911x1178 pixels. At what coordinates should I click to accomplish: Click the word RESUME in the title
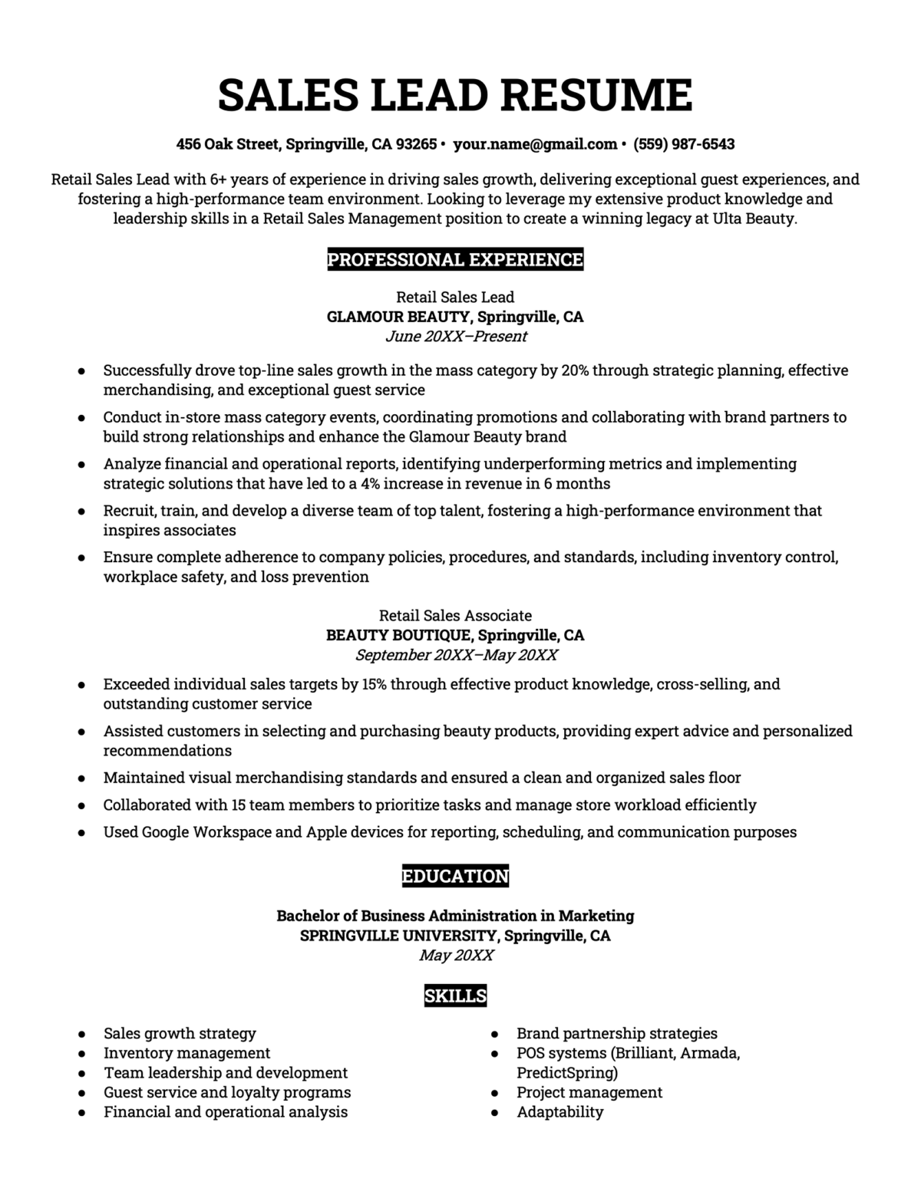pos(596,95)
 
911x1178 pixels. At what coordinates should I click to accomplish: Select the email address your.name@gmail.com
pos(535,144)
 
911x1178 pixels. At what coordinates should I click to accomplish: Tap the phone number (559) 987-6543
pos(684,144)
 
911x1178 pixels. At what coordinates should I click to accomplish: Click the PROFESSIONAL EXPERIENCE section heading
pos(455,260)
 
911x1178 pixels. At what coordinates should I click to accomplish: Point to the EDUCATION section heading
pos(455,876)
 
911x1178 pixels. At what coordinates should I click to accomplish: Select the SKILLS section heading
pos(455,996)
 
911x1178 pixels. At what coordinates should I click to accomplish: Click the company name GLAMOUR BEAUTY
pos(398,317)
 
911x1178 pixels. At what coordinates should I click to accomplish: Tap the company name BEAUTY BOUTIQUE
pos(398,635)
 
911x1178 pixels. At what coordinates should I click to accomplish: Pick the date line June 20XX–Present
pos(455,337)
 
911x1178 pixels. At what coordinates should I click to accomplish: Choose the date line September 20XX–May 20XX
pos(456,655)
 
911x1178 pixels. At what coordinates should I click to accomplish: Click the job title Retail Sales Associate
pos(455,615)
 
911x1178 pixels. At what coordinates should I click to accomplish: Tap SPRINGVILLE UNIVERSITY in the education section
pos(398,936)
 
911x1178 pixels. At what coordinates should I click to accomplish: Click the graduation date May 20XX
pos(456,956)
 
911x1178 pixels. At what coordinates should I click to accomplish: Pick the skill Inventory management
pos(187,1053)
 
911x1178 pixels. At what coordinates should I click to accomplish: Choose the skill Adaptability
pos(559,1112)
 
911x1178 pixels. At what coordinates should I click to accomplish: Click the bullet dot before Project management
pos(495,1093)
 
